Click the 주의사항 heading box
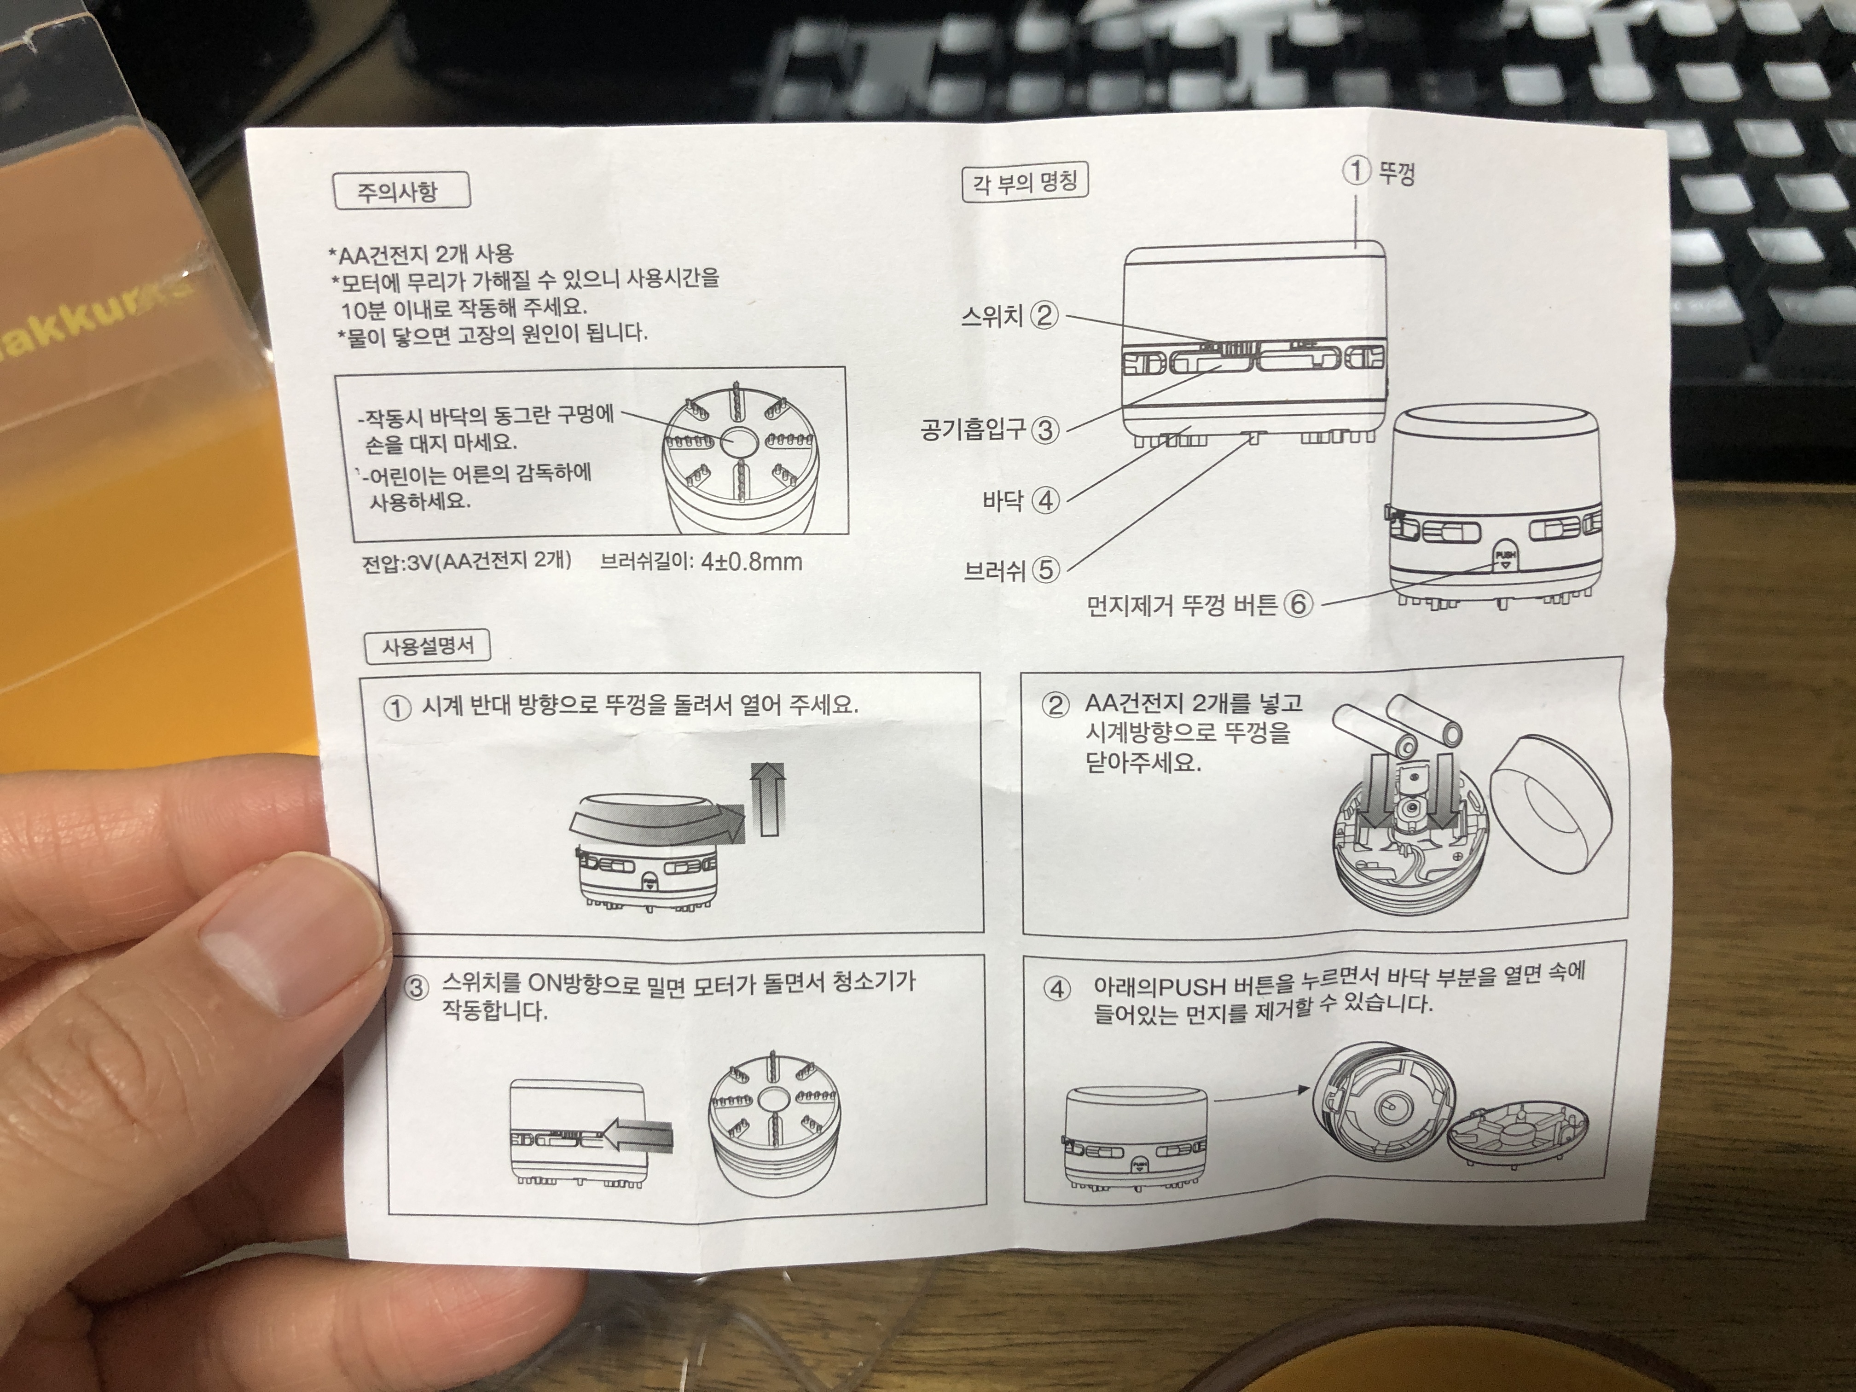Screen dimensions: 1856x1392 [402, 192]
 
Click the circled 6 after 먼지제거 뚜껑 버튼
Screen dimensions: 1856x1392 [1297, 603]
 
